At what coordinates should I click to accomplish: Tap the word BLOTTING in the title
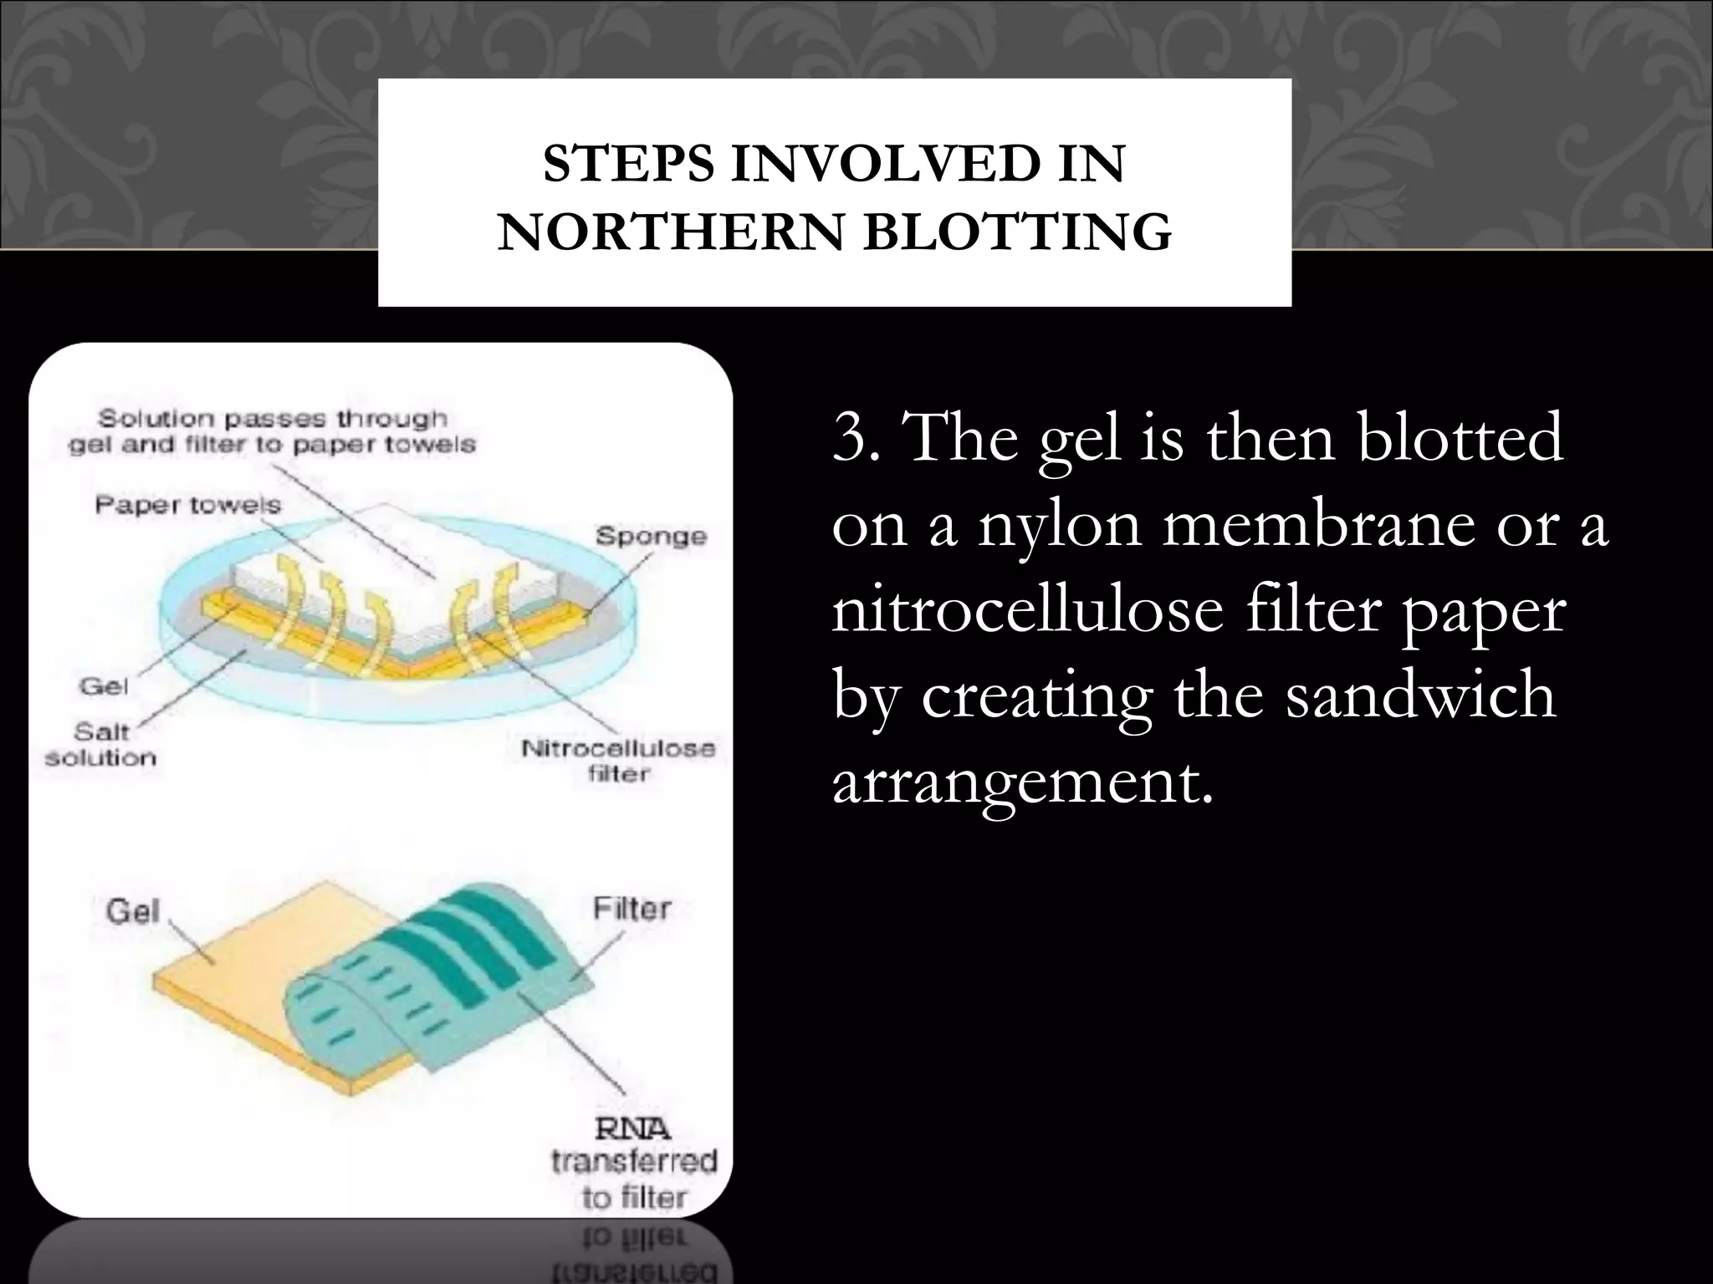(1017, 232)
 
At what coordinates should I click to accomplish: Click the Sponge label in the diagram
(651, 536)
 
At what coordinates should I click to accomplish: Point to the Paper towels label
(187, 505)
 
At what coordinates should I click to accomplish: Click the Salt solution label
(100, 744)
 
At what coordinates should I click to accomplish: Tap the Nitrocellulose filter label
(618, 760)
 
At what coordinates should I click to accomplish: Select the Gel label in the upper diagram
(104, 686)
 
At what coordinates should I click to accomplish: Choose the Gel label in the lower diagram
(132, 910)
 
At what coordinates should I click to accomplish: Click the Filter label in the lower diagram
(632, 908)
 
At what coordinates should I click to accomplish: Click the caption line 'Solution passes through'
(273, 418)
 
